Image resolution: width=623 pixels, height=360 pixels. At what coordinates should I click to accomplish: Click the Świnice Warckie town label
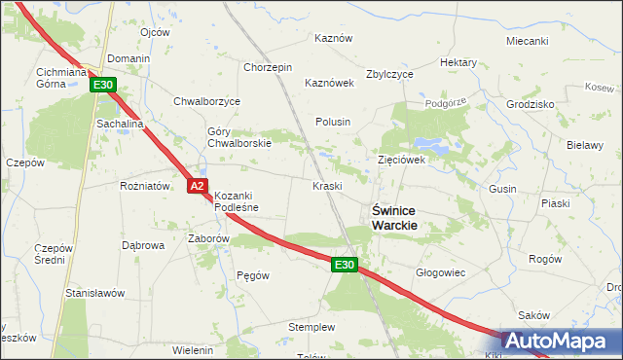pyautogui.click(x=395, y=217)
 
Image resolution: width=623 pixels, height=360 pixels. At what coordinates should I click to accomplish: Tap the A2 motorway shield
pyautogui.click(x=198, y=185)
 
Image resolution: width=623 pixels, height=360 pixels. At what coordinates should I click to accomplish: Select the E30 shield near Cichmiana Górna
pyautogui.click(x=104, y=86)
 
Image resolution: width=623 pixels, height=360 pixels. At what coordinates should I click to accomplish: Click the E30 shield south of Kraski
pyautogui.click(x=345, y=264)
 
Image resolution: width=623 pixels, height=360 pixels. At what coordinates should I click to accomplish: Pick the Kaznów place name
pyautogui.click(x=332, y=38)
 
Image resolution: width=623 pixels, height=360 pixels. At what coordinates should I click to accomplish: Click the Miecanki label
pyautogui.click(x=528, y=41)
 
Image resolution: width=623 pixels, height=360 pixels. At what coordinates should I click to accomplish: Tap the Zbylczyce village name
pyautogui.click(x=389, y=74)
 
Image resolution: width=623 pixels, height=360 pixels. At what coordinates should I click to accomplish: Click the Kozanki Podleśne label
pyautogui.click(x=239, y=200)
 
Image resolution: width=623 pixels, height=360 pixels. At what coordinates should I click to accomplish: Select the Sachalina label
pyautogui.click(x=120, y=126)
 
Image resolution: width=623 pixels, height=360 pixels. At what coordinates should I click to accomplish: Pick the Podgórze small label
pyautogui.click(x=447, y=100)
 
